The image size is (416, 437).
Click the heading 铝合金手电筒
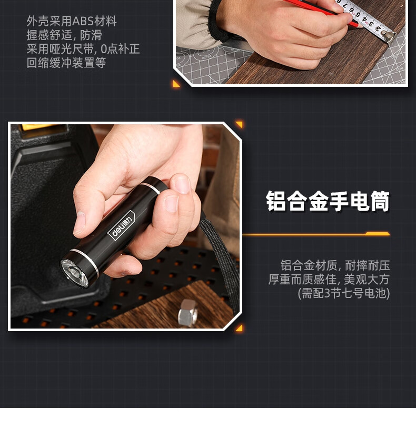pos(328,201)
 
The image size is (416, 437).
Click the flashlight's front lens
pos(74,273)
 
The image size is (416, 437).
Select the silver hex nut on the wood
pos(188,313)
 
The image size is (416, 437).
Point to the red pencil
pos(321,13)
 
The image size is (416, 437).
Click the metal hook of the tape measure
pos(389,36)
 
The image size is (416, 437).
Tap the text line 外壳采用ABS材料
pos(72,21)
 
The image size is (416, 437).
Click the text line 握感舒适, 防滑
pos(64,35)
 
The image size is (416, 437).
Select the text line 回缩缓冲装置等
pos(66,63)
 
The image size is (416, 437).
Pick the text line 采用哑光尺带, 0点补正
pos(83,49)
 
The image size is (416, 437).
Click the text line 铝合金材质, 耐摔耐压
pos(335,265)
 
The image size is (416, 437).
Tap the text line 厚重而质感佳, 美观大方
pos(329,279)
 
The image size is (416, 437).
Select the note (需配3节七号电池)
pos(344,293)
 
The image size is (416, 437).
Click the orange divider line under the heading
pos(316,234)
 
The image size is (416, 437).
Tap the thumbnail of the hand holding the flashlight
pos(125,226)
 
